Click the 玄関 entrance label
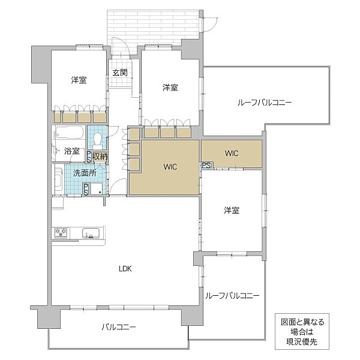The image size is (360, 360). pos(119,73)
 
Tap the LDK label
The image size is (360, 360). pos(124,269)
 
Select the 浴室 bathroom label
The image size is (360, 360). pos(72,151)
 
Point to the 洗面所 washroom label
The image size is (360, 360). pos(84,173)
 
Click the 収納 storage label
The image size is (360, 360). pos(100,156)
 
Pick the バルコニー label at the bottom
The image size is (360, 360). pos(118,327)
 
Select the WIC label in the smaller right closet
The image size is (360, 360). pos(232,154)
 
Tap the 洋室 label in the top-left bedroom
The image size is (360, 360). pos(78,80)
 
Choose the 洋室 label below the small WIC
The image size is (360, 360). pos(232,211)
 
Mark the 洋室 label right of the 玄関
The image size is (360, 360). pos(170,88)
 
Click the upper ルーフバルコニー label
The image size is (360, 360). pos(263,103)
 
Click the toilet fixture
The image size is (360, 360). pos(96,140)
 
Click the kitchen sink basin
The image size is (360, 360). pos(90,234)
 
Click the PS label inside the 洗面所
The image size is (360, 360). pos(86,190)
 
